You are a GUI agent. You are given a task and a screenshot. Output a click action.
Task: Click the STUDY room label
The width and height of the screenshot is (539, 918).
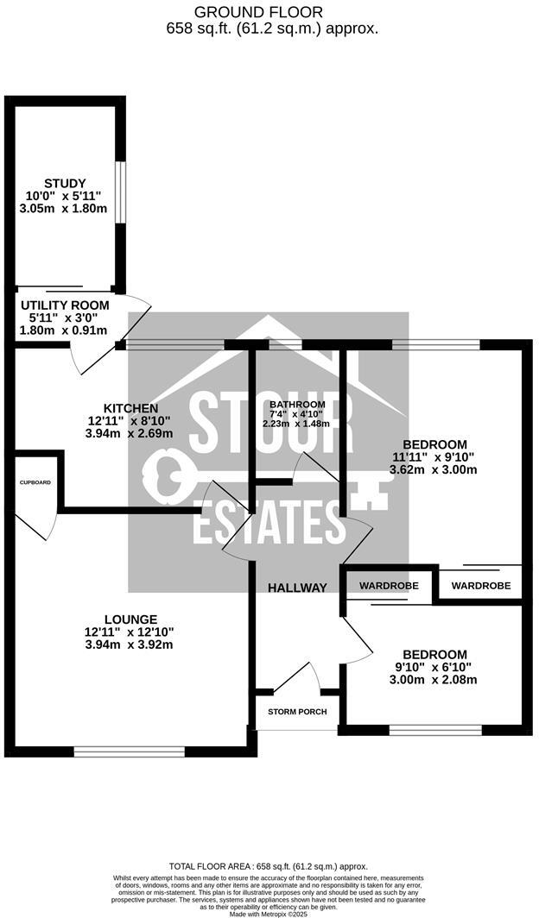coord(66,183)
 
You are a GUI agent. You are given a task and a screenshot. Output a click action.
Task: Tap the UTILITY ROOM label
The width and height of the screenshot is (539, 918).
coord(65,305)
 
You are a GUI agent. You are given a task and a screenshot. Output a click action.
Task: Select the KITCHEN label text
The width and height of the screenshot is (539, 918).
coord(130,408)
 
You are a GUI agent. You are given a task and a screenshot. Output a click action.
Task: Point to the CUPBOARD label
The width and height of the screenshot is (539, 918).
coord(35,483)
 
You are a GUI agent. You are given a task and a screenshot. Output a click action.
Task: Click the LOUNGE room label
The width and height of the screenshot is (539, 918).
coord(130,619)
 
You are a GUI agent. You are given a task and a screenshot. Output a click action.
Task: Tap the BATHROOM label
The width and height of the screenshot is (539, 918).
coord(297,405)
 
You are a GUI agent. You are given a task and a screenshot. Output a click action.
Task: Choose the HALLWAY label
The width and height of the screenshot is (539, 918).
coord(297,588)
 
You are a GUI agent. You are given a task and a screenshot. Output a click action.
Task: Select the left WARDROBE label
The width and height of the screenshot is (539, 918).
coord(389,586)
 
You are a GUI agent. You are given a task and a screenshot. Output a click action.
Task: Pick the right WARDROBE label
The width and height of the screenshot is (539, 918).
coord(481,586)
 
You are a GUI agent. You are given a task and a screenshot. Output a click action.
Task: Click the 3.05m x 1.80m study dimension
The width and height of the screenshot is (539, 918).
coord(66,209)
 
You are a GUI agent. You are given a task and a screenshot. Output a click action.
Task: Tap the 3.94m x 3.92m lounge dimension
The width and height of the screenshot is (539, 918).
coord(130,644)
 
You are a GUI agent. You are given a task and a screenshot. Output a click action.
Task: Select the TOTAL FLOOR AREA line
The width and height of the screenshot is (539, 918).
coord(269,866)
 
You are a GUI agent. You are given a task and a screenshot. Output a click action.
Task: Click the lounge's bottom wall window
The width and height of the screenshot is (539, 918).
coord(129,751)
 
